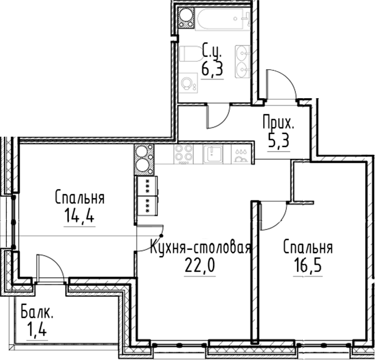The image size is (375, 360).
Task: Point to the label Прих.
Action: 278,122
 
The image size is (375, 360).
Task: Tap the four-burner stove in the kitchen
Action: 183,153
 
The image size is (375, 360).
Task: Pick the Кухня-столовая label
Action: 201,248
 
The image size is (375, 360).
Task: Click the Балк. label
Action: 37,311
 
